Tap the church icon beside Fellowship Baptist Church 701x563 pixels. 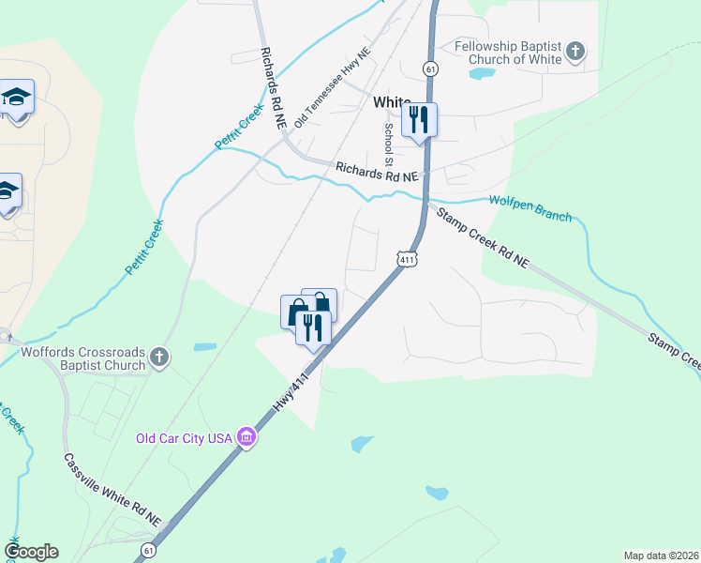[x=576, y=50]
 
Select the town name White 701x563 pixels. [x=392, y=101]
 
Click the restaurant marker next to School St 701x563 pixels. [x=419, y=119]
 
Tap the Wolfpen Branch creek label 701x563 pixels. [x=529, y=208]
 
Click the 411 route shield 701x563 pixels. [x=406, y=259]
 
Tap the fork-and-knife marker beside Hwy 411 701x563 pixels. [x=313, y=327]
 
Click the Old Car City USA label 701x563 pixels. [x=184, y=438]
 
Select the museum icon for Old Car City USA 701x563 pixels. [x=246, y=437]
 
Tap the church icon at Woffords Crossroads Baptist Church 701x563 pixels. [x=160, y=357]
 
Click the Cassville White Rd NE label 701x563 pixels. [x=112, y=491]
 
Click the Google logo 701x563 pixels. [x=31, y=552]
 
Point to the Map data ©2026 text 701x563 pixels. [x=660, y=555]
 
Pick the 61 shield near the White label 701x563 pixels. [x=430, y=68]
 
